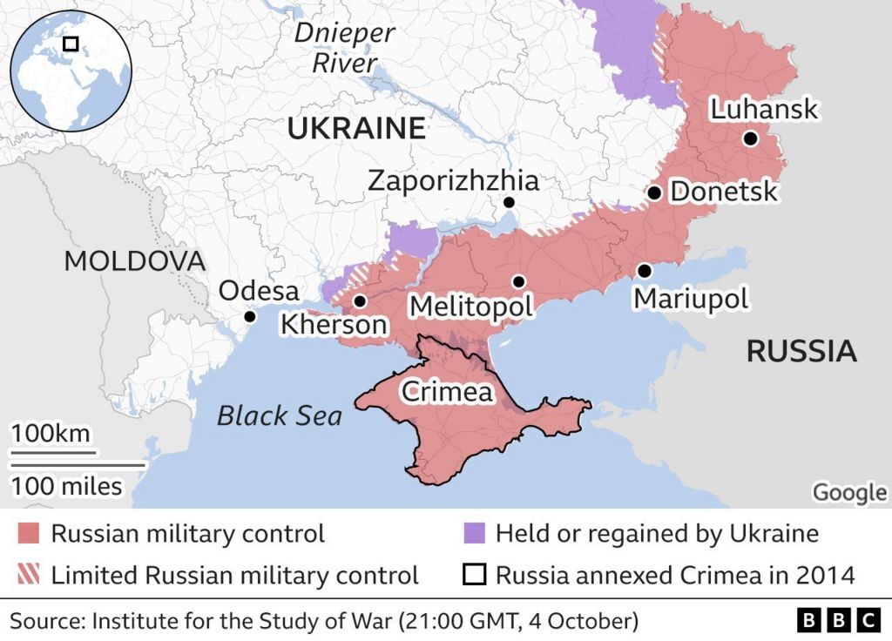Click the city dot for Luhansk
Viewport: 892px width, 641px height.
click(x=750, y=138)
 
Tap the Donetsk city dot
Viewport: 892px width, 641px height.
click(x=654, y=193)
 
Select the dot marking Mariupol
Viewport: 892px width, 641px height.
click(x=644, y=271)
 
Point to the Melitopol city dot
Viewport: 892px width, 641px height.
click(x=518, y=281)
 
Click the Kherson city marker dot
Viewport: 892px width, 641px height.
click(x=359, y=301)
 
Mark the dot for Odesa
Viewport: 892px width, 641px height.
click(x=250, y=317)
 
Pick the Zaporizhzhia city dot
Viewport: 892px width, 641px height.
click(x=509, y=203)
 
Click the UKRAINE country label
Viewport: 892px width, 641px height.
click(x=356, y=129)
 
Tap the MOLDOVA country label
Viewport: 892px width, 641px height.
click(x=135, y=260)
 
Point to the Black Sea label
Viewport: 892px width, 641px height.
click(x=280, y=415)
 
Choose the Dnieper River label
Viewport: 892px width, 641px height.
click(x=344, y=48)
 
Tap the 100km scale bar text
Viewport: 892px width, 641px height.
click(x=50, y=434)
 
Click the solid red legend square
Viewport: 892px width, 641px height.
click(x=29, y=533)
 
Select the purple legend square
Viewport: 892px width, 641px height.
click(x=474, y=533)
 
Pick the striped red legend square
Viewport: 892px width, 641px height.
click(x=29, y=575)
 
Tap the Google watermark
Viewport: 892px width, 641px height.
click(x=848, y=492)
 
